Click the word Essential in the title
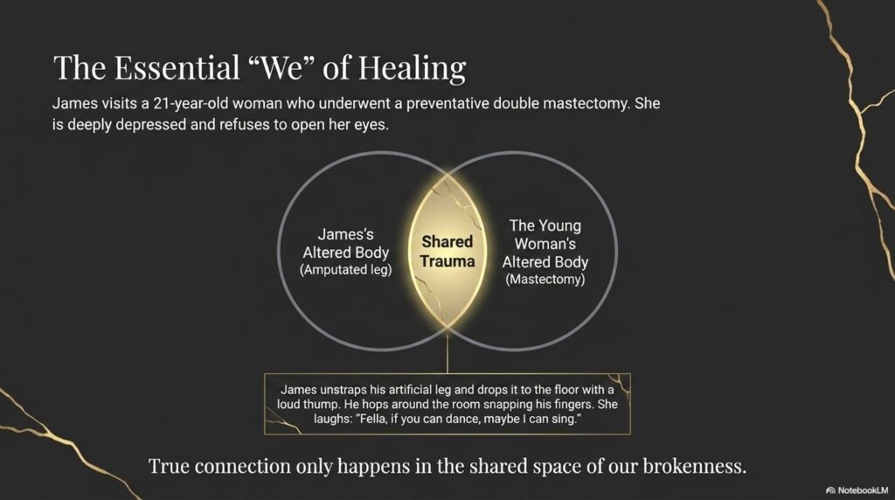click(x=177, y=67)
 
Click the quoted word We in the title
click(x=282, y=67)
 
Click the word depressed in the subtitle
click(x=150, y=124)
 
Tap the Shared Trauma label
click(x=447, y=251)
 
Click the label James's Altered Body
click(x=346, y=243)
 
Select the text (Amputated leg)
click(x=346, y=270)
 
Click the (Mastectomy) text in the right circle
click(x=545, y=280)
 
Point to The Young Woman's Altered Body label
click(x=545, y=244)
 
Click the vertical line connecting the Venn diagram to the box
click(x=447, y=353)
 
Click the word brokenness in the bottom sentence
click(x=695, y=466)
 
